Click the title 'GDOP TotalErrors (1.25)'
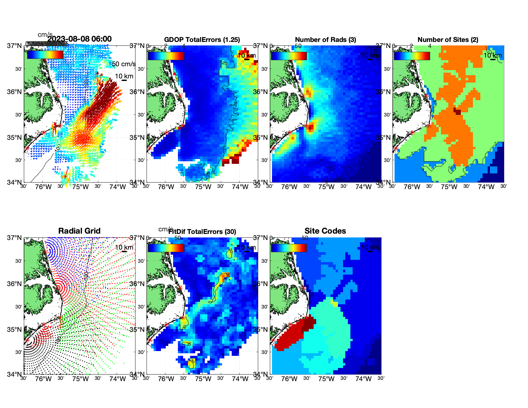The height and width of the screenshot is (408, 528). pyautogui.click(x=202, y=40)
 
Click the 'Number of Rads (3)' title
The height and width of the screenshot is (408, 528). pyautogui.click(x=325, y=40)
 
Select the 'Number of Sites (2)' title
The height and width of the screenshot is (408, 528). pyautogui.click(x=448, y=40)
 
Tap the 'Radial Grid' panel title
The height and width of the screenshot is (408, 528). pyautogui.click(x=79, y=231)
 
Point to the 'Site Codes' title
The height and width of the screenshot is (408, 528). pyautogui.click(x=325, y=231)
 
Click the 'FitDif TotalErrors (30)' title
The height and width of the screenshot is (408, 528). pyautogui.click(x=202, y=232)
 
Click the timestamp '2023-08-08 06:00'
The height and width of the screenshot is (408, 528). pyautogui.click(x=80, y=39)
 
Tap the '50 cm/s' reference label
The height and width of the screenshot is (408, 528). pyautogui.click(x=124, y=64)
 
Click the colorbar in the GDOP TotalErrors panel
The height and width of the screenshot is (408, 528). pyautogui.click(x=166, y=56)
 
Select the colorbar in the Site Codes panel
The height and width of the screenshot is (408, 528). pyautogui.click(x=289, y=248)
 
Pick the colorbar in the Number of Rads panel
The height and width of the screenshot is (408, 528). pyautogui.click(x=289, y=56)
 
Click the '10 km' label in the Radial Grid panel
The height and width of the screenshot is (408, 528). pyautogui.click(x=124, y=247)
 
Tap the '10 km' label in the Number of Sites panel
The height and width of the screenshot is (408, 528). pyautogui.click(x=492, y=55)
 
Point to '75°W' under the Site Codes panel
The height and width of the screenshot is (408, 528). pyautogui.click(x=326, y=379)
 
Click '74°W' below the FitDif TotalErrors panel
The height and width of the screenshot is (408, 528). pyautogui.click(x=240, y=379)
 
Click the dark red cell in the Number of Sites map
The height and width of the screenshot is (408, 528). pyautogui.click(x=458, y=112)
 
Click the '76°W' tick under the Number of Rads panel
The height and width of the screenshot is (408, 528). pyautogui.click(x=289, y=187)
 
